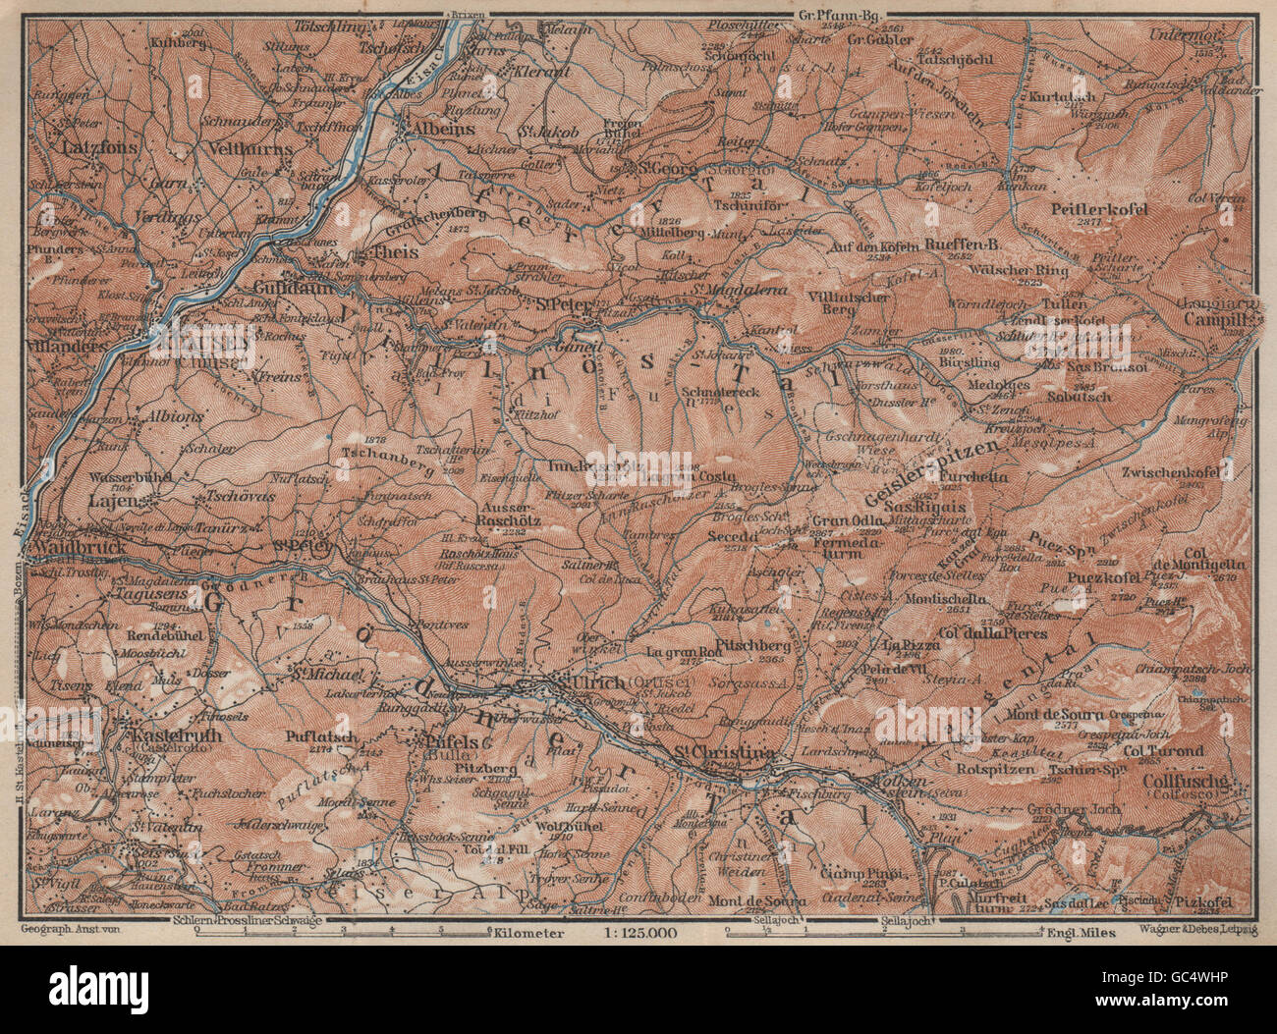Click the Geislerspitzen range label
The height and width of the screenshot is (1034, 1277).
pos(939,468)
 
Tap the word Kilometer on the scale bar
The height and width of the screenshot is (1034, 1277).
pos(529,933)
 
